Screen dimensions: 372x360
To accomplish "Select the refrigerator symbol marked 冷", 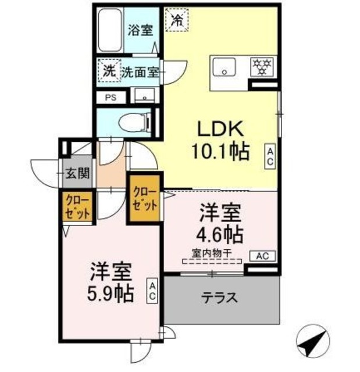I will pos(176,20).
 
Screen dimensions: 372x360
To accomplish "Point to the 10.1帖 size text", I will pos(220,152).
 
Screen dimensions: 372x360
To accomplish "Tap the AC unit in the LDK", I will pos(270,156).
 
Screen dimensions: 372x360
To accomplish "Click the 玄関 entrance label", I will pos(76,173).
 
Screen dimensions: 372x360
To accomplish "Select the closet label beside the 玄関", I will pos(77,206).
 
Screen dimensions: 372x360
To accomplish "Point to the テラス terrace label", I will pos(220,299).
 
